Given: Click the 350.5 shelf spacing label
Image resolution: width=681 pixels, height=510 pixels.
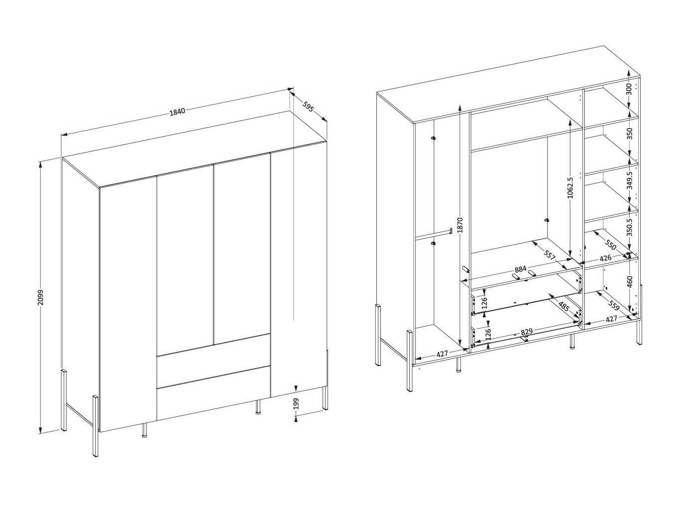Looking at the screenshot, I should pyautogui.click(x=629, y=229).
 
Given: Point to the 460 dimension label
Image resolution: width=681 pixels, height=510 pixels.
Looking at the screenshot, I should pyautogui.click(x=629, y=282).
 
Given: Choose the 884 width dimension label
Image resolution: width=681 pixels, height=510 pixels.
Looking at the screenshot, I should pyautogui.click(x=520, y=270).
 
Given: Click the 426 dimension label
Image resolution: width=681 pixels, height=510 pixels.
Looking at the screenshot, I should pyautogui.click(x=605, y=258).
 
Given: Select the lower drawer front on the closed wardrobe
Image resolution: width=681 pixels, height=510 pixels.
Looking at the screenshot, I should pyautogui.click(x=213, y=393).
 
